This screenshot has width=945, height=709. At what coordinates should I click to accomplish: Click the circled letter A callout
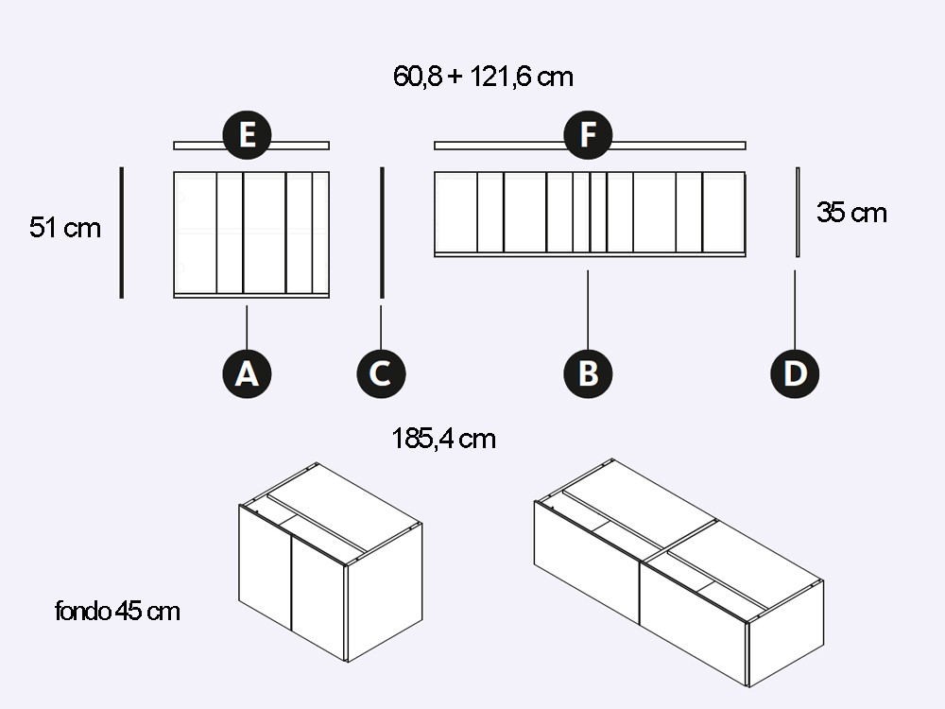click(x=247, y=373)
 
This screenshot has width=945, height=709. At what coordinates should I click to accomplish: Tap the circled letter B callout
click(x=588, y=373)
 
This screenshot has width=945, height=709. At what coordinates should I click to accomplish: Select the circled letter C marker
click(x=381, y=373)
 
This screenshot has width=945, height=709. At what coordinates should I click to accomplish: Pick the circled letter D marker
click(x=795, y=373)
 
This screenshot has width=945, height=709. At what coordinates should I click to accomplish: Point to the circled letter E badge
click(x=247, y=135)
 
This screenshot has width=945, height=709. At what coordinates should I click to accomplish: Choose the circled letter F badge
click(x=588, y=135)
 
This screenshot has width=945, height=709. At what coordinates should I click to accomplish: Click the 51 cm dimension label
click(x=64, y=228)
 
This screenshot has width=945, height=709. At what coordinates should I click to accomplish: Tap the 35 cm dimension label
click(x=851, y=213)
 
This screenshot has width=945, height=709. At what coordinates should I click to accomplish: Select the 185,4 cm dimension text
click(x=443, y=439)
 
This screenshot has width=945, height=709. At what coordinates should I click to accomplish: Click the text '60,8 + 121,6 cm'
click(x=483, y=77)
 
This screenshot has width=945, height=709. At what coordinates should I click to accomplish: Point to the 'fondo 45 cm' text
click(x=117, y=611)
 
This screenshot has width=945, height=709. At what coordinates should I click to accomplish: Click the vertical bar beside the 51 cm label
click(x=122, y=233)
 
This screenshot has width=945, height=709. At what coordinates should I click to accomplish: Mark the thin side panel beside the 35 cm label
click(x=798, y=212)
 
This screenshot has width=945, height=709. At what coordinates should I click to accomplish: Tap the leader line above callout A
click(x=247, y=327)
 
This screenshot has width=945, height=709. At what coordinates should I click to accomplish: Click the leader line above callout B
click(x=588, y=309)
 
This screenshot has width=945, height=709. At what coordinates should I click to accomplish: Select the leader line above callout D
click(x=795, y=309)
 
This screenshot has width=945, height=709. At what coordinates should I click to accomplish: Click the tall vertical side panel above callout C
click(x=382, y=233)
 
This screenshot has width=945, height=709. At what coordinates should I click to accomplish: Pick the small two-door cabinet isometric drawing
click(x=330, y=562)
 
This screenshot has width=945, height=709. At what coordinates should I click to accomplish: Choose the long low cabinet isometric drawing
click(x=679, y=573)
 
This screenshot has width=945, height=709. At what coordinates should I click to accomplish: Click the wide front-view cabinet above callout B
click(x=590, y=215)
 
